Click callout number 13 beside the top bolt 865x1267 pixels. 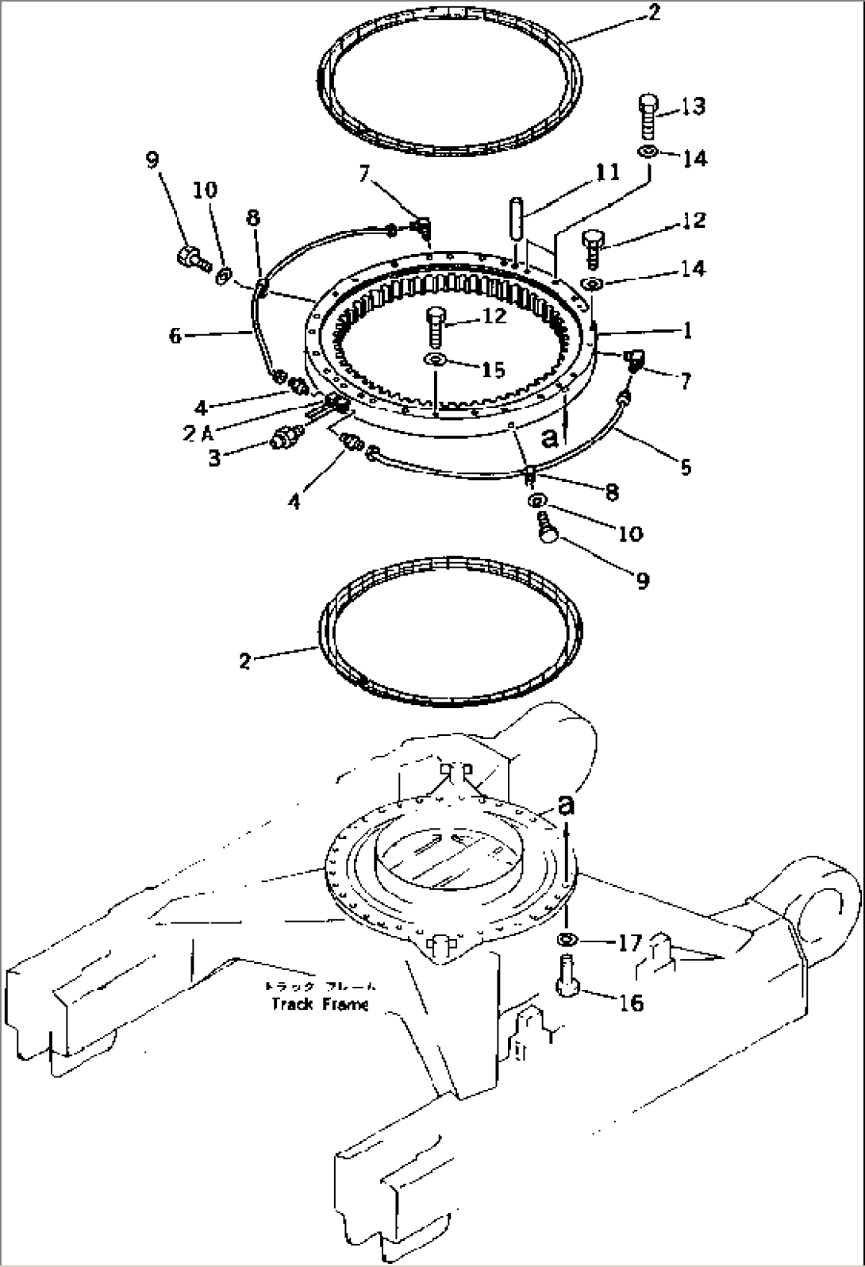point(693,106)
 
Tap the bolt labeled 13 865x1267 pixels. point(647,116)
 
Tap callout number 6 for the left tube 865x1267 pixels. point(175,336)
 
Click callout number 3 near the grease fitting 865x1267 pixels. point(214,458)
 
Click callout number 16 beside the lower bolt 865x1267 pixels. point(631,1003)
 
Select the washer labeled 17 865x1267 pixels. point(567,940)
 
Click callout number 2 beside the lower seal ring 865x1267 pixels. point(245,660)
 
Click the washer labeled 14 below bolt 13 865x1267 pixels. point(647,152)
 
